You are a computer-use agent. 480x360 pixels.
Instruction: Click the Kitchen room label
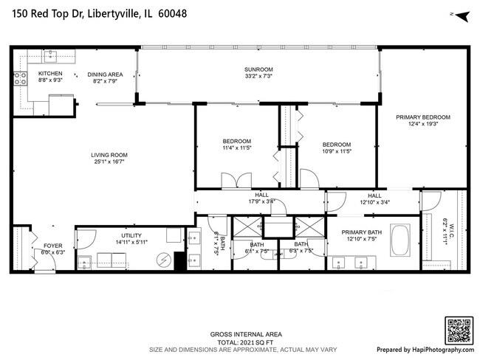click(30, 74)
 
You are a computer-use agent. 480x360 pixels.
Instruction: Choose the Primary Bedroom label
click(422, 117)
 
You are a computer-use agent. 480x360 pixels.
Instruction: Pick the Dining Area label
click(105, 74)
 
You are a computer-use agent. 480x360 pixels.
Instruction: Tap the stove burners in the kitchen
click(18, 78)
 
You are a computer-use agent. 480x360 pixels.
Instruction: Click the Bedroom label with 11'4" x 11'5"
click(237, 141)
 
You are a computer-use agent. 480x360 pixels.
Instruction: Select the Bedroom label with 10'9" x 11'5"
click(336, 144)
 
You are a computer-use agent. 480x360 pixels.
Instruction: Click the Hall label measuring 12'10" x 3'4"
click(374, 195)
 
